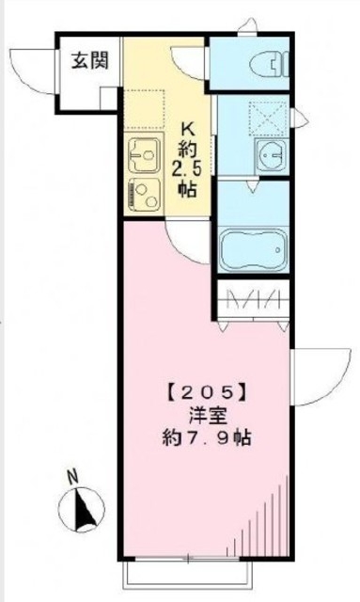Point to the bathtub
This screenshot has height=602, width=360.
click(251, 249)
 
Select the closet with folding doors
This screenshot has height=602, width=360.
click(251, 304)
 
